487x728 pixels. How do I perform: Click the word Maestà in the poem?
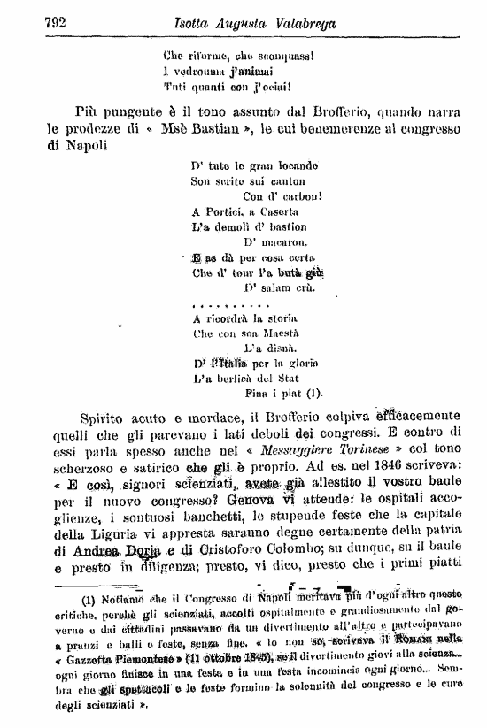point(279,333)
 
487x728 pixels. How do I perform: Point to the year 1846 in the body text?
point(383,461)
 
